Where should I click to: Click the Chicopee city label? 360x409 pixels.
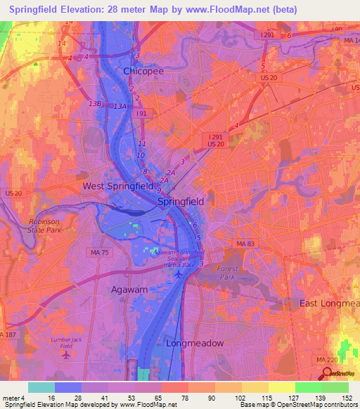click(143, 71)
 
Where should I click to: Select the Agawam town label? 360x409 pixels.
click(129, 289)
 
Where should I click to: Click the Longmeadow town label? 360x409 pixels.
click(195, 343)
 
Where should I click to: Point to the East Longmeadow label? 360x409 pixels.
click(329, 303)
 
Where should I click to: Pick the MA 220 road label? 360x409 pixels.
click(321, 359)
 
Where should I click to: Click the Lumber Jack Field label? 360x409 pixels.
click(65, 342)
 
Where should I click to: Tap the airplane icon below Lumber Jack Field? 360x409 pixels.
click(66, 354)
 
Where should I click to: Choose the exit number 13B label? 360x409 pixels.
click(95, 103)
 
